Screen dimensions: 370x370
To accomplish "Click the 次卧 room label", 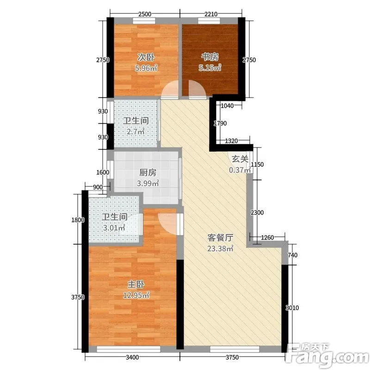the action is [146, 57].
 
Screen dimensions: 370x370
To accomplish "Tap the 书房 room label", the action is [210, 56].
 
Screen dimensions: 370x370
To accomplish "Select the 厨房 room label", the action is [148, 173].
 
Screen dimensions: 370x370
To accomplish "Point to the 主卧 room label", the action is [136, 284].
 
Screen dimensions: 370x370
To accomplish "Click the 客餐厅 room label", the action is [221, 238].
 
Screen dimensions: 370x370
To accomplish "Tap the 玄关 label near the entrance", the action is [240, 159].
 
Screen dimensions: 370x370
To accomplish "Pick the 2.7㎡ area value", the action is [136, 131].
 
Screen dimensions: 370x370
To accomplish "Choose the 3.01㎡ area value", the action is [114, 228].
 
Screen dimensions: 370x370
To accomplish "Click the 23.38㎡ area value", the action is [221, 248].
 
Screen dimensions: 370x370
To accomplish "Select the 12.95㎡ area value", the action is [136, 295].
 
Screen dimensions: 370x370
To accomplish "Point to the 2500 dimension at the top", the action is [145, 14].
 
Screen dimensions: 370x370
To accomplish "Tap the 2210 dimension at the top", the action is [211, 14].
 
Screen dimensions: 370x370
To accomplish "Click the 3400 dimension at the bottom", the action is [132, 357].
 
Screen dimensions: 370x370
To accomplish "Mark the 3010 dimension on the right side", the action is [292, 308].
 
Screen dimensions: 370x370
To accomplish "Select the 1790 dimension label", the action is [220, 123].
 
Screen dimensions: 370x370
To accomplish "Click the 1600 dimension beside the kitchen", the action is [103, 172].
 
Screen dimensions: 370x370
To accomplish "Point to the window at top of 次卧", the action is [144, 21].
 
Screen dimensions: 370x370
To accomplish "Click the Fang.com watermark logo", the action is [327, 355].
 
